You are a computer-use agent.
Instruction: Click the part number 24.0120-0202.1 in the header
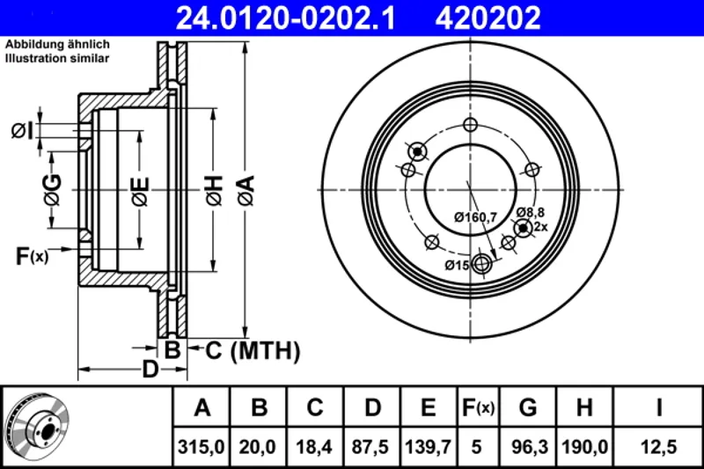(x=285, y=18)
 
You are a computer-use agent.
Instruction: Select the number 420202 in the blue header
(x=488, y=18)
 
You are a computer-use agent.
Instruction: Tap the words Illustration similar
(x=57, y=58)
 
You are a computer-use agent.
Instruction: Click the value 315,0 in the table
(x=202, y=447)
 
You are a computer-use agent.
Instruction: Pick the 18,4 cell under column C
(x=314, y=447)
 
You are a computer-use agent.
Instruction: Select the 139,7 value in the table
(x=428, y=447)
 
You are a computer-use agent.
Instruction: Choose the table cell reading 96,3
(x=530, y=447)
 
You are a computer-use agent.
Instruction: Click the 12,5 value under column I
(x=658, y=447)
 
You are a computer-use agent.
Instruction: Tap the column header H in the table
(x=584, y=407)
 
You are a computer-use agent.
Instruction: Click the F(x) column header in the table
(x=478, y=407)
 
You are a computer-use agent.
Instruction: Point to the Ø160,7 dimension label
(x=475, y=217)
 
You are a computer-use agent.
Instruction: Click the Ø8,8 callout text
(x=531, y=212)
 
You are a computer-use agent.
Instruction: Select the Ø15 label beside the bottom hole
(x=457, y=265)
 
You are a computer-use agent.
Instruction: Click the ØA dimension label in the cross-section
(x=246, y=190)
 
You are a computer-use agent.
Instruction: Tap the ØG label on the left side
(x=53, y=189)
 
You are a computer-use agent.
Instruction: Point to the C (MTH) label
(x=253, y=350)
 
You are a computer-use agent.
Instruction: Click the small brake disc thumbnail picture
(x=38, y=426)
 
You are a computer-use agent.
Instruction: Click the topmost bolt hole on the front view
(x=470, y=124)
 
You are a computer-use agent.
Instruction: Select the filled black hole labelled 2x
(x=523, y=228)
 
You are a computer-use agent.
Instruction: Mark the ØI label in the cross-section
(x=23, y=131)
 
